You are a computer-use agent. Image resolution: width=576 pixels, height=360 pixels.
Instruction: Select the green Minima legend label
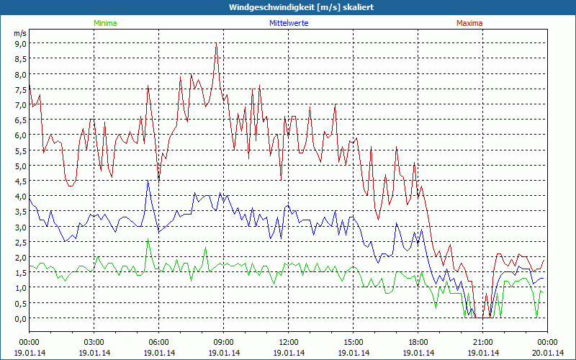click(104, 23)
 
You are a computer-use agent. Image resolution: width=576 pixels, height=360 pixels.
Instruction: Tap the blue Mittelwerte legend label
click(289, 23)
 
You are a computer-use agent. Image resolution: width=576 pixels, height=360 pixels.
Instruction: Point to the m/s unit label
click(19, 33)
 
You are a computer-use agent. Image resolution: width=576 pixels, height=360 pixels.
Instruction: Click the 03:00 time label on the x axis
click(94, 342)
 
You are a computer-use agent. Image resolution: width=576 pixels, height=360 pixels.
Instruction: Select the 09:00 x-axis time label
click(224, 342)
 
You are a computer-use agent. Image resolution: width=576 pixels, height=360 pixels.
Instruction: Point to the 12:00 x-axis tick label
click(289, 342)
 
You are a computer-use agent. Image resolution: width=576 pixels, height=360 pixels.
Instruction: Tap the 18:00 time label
click(418, 342)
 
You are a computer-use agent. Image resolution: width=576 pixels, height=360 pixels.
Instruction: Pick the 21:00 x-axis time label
click(483, 342)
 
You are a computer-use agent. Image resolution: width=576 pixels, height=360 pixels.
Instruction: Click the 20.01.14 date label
click(547, 352)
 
